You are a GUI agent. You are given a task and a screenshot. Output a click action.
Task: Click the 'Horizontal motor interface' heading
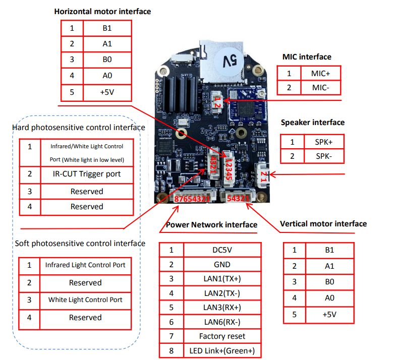(x=102, y=11)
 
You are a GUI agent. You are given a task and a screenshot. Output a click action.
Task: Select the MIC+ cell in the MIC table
(x=321, y=73)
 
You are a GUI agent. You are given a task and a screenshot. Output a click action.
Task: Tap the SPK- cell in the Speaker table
(x=323, y=156)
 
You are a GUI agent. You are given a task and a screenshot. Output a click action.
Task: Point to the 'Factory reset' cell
(x=222, y=336)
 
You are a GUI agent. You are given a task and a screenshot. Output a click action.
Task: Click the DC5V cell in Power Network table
(x=222, y=250)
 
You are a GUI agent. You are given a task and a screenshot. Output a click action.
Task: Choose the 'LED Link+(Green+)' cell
(x=222, y=350)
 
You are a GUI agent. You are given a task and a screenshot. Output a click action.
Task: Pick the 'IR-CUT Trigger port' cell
(x=86, y=174)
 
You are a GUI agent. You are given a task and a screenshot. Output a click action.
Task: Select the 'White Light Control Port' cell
(x=85, y=300)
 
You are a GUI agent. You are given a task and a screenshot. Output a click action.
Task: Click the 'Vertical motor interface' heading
(x=323, y=223)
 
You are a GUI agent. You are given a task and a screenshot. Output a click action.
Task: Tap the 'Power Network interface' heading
(x=212, y=224)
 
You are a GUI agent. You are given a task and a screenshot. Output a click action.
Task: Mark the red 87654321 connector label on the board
(x=192, y=199)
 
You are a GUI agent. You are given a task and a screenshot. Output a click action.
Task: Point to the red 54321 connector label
(x=238, y=199)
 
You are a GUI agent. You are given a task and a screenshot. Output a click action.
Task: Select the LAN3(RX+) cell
(x=222, y=307)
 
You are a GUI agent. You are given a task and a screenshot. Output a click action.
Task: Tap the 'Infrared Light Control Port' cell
(x=85, y=265)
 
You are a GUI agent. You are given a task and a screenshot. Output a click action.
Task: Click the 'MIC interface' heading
(x=307, y=57)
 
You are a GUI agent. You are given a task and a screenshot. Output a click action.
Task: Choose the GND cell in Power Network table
(x=222, y=265)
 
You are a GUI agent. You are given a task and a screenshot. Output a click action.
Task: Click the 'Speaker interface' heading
(x=313, y=123)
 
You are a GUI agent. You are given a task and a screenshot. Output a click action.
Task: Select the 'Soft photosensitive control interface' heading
(x=80, y=244)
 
